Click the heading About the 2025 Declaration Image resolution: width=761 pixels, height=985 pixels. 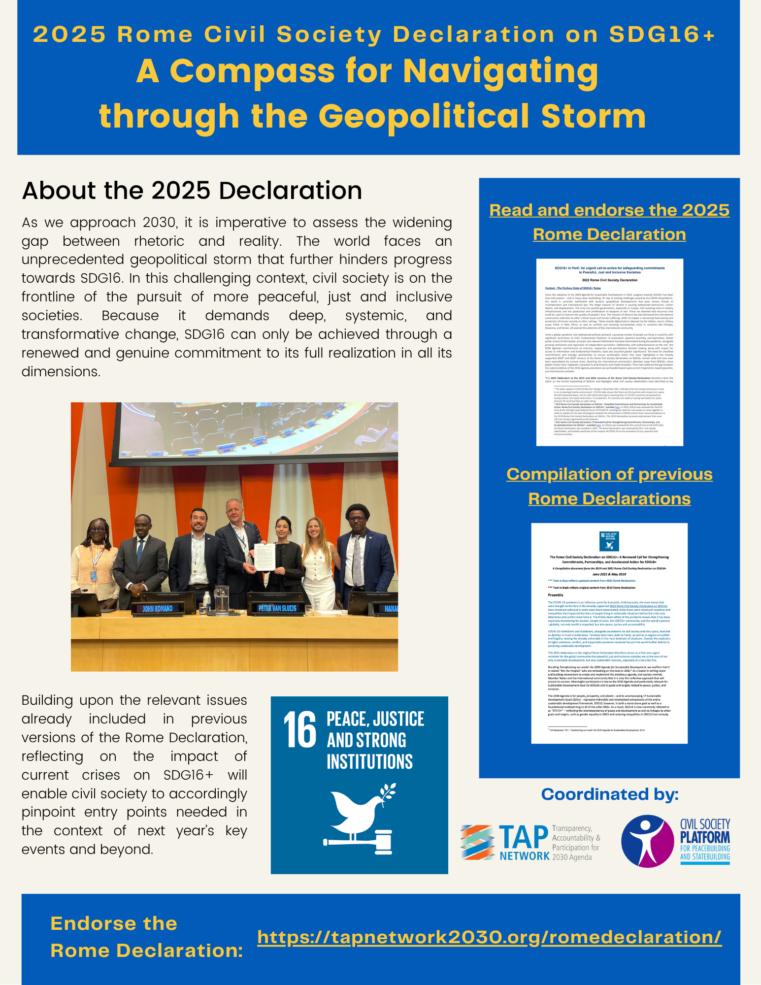coord(192,191)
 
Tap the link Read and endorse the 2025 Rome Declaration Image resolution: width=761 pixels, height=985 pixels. coord(609,222)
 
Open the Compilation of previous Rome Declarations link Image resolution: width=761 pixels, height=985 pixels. coord(609,486)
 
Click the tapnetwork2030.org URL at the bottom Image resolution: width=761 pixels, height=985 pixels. coord(489,937)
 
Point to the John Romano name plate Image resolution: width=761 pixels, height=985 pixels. coord(158,609)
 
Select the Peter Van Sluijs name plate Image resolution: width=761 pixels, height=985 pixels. coord(277,608)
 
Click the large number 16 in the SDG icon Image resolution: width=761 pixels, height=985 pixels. coord(299,731)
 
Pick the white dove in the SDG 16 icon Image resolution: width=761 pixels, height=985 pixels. coord(357,807)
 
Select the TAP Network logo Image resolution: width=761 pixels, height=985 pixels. coord(530,843)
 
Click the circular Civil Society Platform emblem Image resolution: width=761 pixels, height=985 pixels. coord(647,841)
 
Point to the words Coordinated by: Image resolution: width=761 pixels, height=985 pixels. coord(609,794)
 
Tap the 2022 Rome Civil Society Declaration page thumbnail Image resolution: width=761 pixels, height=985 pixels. coord(609,352)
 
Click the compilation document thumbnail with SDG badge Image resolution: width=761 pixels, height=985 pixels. coord(609,633)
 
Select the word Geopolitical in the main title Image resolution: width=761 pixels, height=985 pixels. coord(424,117)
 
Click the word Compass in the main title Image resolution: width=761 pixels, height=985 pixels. coord(253,71)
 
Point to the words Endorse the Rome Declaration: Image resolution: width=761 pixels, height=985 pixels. coord(146,937)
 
